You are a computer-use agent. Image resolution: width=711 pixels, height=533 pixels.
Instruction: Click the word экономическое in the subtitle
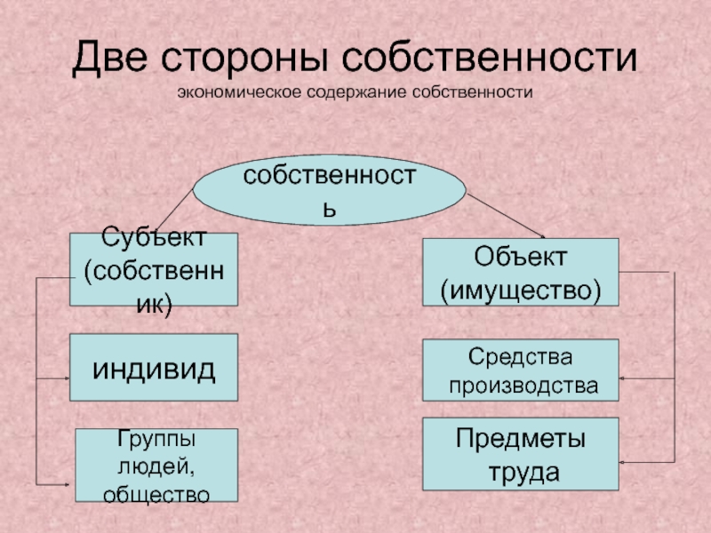236,91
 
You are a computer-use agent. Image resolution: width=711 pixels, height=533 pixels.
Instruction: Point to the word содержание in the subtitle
354,91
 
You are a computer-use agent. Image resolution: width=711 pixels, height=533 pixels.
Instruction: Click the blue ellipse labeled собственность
330,191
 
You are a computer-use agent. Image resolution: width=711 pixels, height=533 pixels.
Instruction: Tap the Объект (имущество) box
520,273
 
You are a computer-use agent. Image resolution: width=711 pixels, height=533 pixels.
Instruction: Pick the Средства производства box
520,371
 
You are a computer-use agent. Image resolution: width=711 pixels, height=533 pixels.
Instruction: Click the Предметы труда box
520,454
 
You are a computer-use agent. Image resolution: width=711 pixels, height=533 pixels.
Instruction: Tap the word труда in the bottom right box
522,471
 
